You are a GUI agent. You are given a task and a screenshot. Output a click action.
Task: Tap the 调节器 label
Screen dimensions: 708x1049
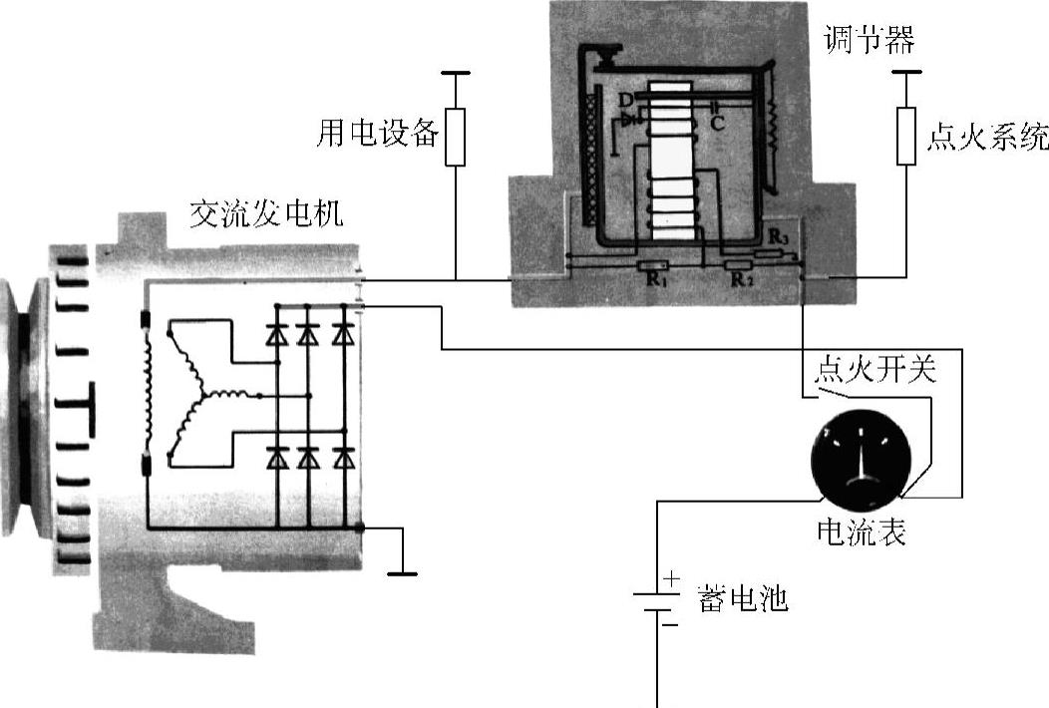click(869, 41)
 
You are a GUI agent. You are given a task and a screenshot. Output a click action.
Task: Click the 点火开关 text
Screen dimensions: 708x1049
click(875, 371)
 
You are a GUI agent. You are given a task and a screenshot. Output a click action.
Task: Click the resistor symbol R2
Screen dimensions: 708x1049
click(739, 266)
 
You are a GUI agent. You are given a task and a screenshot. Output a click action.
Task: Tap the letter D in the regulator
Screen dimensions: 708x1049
click(624, 99)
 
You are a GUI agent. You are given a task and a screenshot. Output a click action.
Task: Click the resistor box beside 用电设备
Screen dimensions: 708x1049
click(455, 136)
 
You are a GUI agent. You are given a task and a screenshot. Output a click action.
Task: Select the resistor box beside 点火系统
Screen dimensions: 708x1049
click(905, 136)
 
